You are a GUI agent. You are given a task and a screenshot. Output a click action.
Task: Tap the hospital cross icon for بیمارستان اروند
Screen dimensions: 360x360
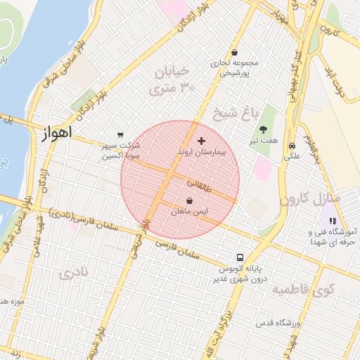[x=202, y=141]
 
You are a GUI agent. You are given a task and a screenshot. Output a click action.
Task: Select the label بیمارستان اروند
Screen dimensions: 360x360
[x=201, y=152]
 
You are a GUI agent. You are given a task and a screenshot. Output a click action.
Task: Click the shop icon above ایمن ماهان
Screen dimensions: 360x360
[x=190, y=200]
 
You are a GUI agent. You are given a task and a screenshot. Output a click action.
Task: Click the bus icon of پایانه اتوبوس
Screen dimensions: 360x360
[x=240, y=258]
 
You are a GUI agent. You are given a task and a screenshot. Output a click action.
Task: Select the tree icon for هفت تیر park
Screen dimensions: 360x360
[x=263, y=129]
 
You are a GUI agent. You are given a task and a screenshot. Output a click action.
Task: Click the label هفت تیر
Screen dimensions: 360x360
[x=263, y=140]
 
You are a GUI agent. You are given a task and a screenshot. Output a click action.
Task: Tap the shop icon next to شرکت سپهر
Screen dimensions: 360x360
[x=120, y=135]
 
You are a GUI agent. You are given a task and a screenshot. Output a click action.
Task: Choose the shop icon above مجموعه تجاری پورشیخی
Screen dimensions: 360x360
[x=234, y=51]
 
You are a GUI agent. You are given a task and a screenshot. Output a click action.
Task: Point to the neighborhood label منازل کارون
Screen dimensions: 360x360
[x=309, y=198]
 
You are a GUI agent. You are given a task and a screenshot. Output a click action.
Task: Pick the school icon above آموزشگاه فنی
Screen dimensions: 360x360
[x=333, y=221]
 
